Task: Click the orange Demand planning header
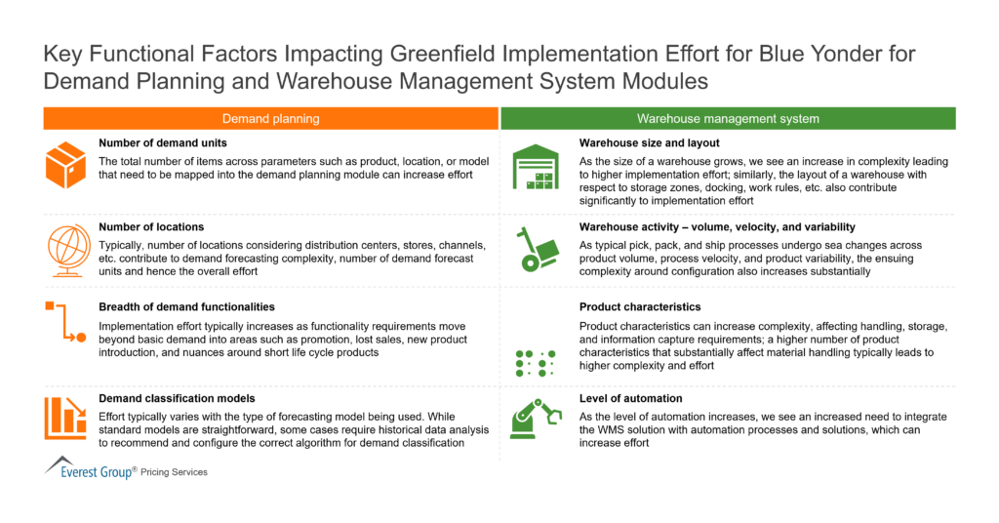tap(270, 119)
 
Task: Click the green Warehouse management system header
tap(728, 119)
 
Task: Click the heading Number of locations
tap(150, 227)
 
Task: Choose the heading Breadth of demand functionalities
tap(186, 307)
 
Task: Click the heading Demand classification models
tap(178, 398)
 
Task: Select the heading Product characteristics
tap(640, 307)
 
